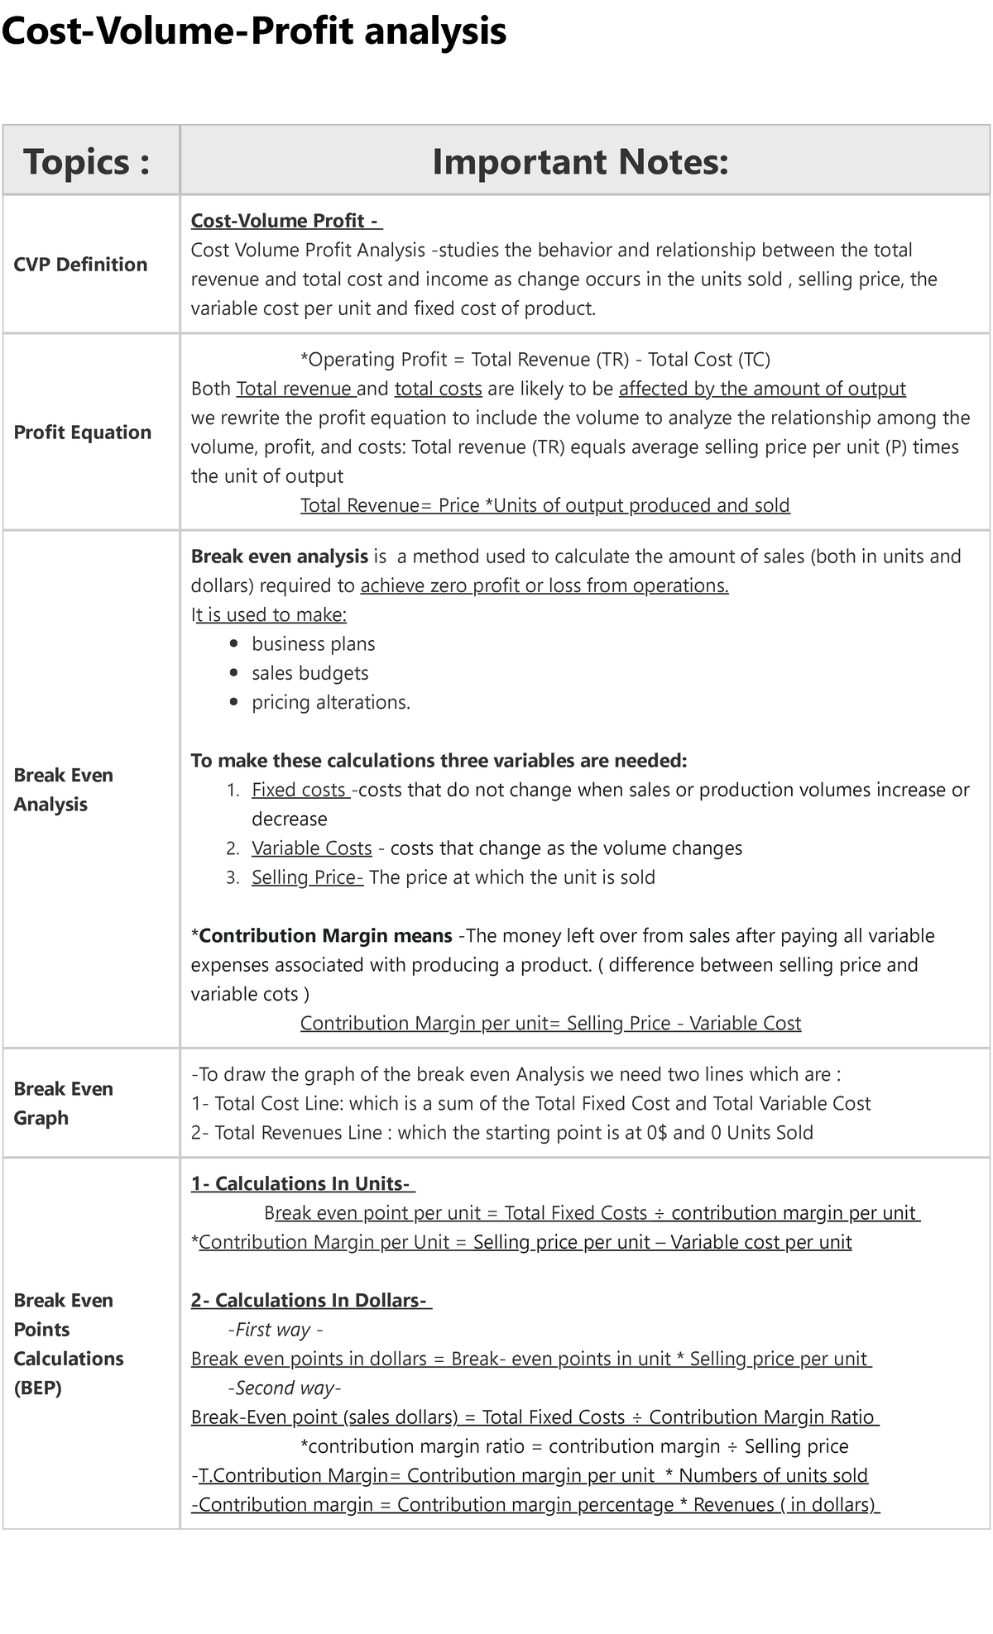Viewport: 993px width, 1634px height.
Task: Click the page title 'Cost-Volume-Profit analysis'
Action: pos(253,31)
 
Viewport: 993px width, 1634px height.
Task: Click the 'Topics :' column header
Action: pos(87,161)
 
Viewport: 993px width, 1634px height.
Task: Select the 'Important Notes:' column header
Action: pos(580,161)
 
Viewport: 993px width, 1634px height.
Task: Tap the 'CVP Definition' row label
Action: pos(80,265)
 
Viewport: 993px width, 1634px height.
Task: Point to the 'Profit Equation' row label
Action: pos(83,432)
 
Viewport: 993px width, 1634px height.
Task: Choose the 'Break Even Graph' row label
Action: pos(63,1103)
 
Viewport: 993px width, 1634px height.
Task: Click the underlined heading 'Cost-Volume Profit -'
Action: pos(286,221)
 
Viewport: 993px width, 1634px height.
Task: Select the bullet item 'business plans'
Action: pos(313,644)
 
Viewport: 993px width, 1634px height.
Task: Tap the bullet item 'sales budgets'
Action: pos(309,673)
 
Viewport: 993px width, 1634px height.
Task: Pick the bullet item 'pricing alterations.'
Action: pos(331,702)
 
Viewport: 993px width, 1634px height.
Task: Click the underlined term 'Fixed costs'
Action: pos(300,790)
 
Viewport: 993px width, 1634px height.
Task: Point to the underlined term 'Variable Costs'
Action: pos(312,848)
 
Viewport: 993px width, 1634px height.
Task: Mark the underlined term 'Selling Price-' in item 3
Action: pos(307,877)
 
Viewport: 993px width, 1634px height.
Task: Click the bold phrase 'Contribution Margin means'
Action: pos(325,936)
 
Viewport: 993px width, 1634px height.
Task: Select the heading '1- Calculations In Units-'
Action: pos(303,1184)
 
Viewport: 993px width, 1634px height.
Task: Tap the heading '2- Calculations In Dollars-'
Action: pos(311,1301)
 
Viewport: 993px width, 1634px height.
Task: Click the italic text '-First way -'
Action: pos(275,1330)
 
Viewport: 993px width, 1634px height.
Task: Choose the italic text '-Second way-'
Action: pos(284,1388)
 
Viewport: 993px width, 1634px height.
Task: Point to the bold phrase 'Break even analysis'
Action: pos(279,557)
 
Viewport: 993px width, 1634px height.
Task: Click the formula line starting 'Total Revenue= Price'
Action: pos(544,505)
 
